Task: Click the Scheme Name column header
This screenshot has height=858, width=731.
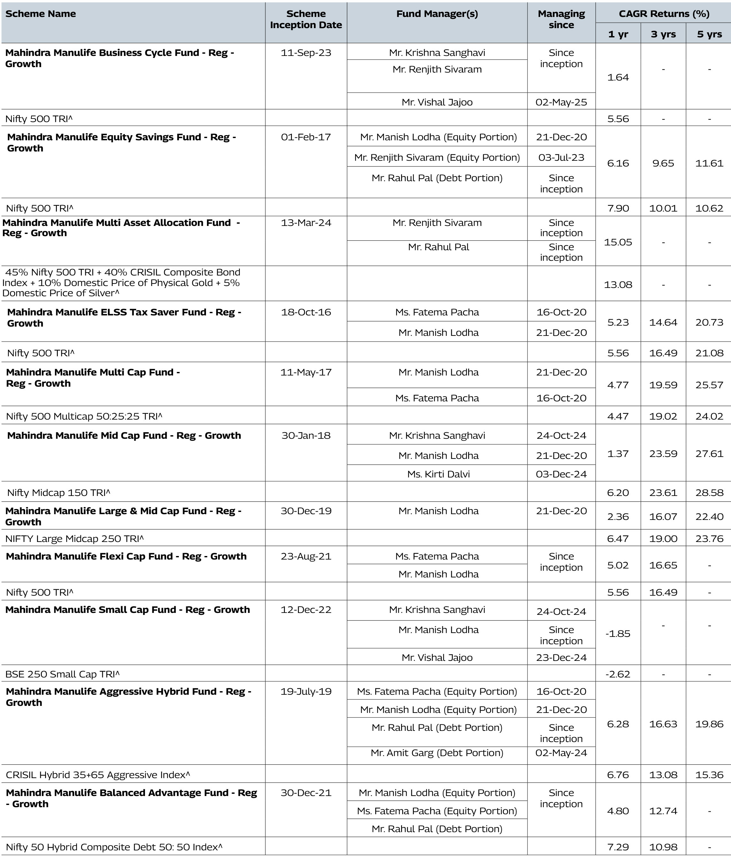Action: (41, 14)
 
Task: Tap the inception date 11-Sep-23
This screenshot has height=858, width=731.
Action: (306, 53)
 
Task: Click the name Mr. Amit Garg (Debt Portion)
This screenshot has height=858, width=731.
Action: (437, 753)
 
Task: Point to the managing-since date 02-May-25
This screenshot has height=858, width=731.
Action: (561, 102)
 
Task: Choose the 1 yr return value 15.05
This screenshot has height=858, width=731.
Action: (618, 242)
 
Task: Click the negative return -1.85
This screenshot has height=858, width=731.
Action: (618, 634)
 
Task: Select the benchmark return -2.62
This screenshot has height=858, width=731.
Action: (618, 674)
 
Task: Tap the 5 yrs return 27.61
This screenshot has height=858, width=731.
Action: (709, 453)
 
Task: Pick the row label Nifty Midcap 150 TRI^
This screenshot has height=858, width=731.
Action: (59, 492)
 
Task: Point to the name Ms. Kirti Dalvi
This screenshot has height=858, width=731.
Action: (438, 474)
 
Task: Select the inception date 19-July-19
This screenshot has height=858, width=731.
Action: (306, 692)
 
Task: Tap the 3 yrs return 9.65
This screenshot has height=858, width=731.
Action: (663, 163)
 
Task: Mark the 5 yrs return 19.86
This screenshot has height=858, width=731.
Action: (709, 724)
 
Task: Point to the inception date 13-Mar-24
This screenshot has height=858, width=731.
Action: (306, 223)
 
